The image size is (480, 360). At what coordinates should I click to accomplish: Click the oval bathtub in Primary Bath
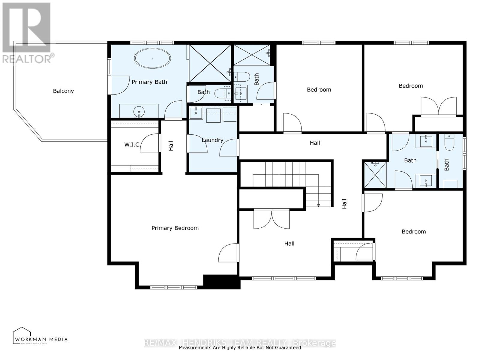[x=152, y=58]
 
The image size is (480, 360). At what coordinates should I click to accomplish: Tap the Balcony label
[x=63, y=91]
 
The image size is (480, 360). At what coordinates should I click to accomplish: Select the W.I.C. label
[x=132, y=145]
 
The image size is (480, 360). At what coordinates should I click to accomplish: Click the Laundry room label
[x=212, y=140]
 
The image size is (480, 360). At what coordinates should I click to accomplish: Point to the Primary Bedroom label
[x=175, y=228]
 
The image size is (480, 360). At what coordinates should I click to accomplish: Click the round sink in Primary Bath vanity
[x=139, y=112]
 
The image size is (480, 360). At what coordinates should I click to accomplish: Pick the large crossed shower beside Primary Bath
[x=210, y=63]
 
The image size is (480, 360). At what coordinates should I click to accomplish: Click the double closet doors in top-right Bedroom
[x=439, y=106]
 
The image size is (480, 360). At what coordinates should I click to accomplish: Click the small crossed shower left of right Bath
[x=375, y=175]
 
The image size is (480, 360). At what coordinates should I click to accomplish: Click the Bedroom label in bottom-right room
[x=414, y=232]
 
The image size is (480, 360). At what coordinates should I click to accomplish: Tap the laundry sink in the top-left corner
[x=196, y=113]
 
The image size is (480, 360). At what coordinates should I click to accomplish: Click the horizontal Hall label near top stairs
[x=315, y=143]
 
